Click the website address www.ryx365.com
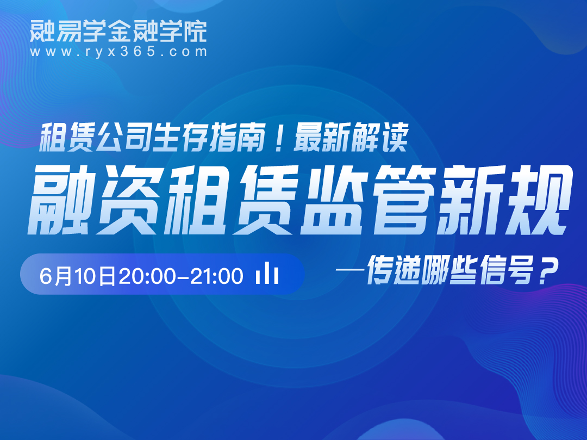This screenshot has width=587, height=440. tap(118, 52)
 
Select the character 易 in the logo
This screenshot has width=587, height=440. tap(68, 30)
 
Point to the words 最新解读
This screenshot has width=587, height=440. tap(350, 137)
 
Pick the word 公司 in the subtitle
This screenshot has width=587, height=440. tap(123, 137)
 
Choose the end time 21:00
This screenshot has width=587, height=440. tap(216, 276)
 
